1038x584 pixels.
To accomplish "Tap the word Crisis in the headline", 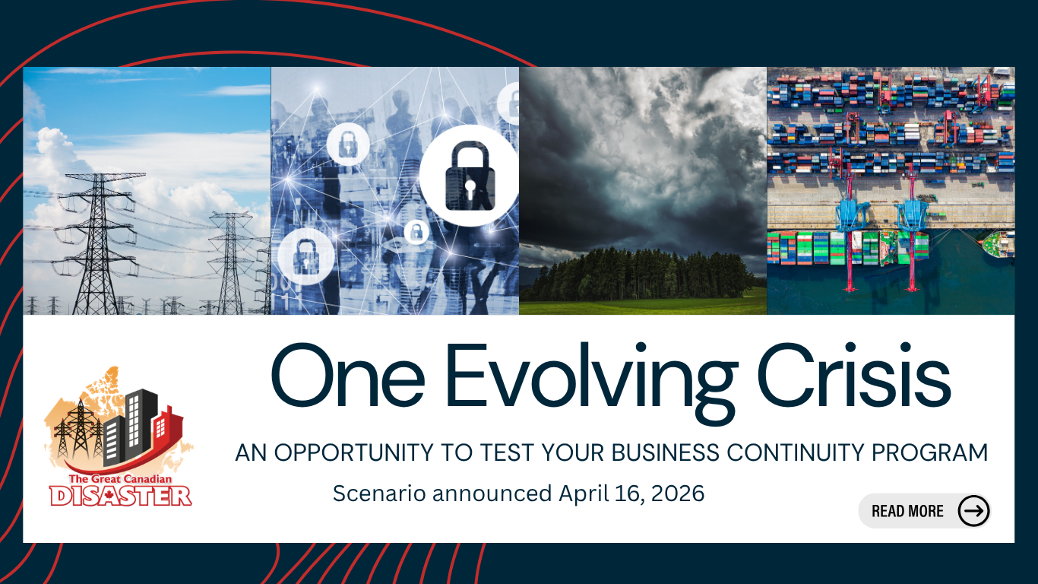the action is (854, 375).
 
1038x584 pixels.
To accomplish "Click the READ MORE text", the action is (907, 511).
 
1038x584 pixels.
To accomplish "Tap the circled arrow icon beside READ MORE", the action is (973, 511).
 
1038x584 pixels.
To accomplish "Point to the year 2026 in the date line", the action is (678, 493).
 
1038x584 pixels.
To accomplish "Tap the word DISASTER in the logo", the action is (121, 496).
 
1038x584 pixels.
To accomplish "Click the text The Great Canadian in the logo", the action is (120, 479).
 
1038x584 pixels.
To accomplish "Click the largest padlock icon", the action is (470, 176).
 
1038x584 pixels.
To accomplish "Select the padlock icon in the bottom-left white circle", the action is (305, 256).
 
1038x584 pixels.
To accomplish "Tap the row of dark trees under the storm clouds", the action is (642, 274).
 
